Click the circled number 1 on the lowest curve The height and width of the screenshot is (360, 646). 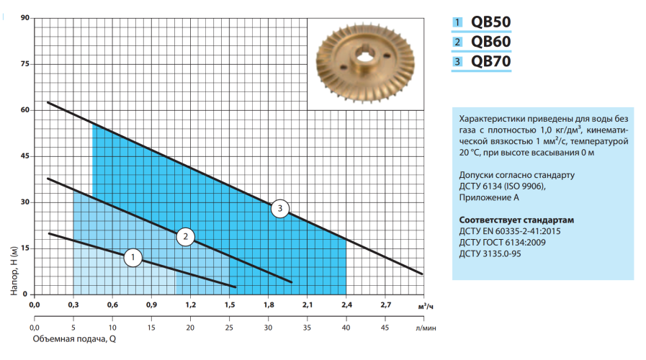point(133,258)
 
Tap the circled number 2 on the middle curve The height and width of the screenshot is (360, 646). point(186,235)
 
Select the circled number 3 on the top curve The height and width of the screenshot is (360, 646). point(280,209)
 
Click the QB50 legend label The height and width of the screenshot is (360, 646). point(490,22)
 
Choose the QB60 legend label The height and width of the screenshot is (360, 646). point(490,42)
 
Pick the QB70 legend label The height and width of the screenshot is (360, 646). point(490,62)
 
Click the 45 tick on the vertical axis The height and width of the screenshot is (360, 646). point(24,156)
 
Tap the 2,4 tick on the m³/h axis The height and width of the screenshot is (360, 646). point(346,305)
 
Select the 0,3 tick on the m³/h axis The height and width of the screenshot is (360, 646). point(73,305)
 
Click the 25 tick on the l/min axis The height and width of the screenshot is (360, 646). point(229,328)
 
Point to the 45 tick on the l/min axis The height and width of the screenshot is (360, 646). point(385,328)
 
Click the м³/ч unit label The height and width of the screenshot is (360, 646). point(426,306)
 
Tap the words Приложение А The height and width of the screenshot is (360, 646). point(489,197)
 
